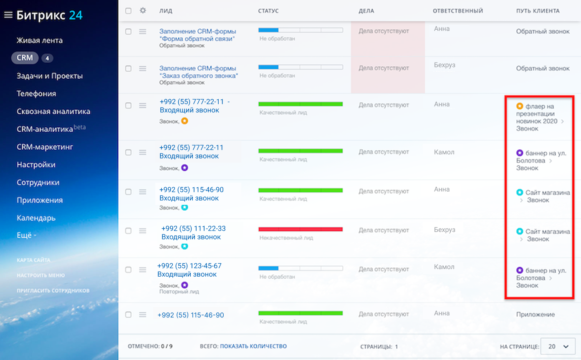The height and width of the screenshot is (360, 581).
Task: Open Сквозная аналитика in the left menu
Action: pyautogui.click(x=53, y=111)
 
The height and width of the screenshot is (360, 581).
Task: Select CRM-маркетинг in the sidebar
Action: pyautogui.click(x=45, y=147)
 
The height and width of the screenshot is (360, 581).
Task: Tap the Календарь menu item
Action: pyautogui.click(x=36, y=218)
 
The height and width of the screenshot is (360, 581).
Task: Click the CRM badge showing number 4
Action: pyautogui.click(x=47, y=58)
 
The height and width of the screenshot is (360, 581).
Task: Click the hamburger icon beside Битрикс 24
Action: pyautogui.click(x=8, y=15)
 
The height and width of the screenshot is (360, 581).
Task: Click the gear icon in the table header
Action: pyautogui.click(x=143, y=10)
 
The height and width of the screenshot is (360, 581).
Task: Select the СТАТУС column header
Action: pyautogui.click(x=268, y=11)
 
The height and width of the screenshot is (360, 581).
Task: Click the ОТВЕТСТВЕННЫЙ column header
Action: pyautogui.click(x=458, y=11)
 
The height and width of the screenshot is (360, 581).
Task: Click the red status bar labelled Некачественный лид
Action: pyautogui.click(x=301, y=229)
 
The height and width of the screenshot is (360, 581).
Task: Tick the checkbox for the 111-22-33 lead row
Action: pyautogui.click(x=129, y=231)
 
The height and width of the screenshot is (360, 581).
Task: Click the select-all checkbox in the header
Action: pyautogui.click(x=129, y=11)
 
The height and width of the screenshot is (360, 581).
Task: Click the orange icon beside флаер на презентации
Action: pyautogui.click(x=520, y=106)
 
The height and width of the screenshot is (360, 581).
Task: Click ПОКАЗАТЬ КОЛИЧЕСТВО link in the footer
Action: pyautogui.click(x=253, y=346)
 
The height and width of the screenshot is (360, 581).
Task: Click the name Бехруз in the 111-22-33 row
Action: pyautogui.click(x=445, y=230)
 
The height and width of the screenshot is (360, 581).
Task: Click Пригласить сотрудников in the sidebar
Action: pyautogui.click(x=53, y=290)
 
